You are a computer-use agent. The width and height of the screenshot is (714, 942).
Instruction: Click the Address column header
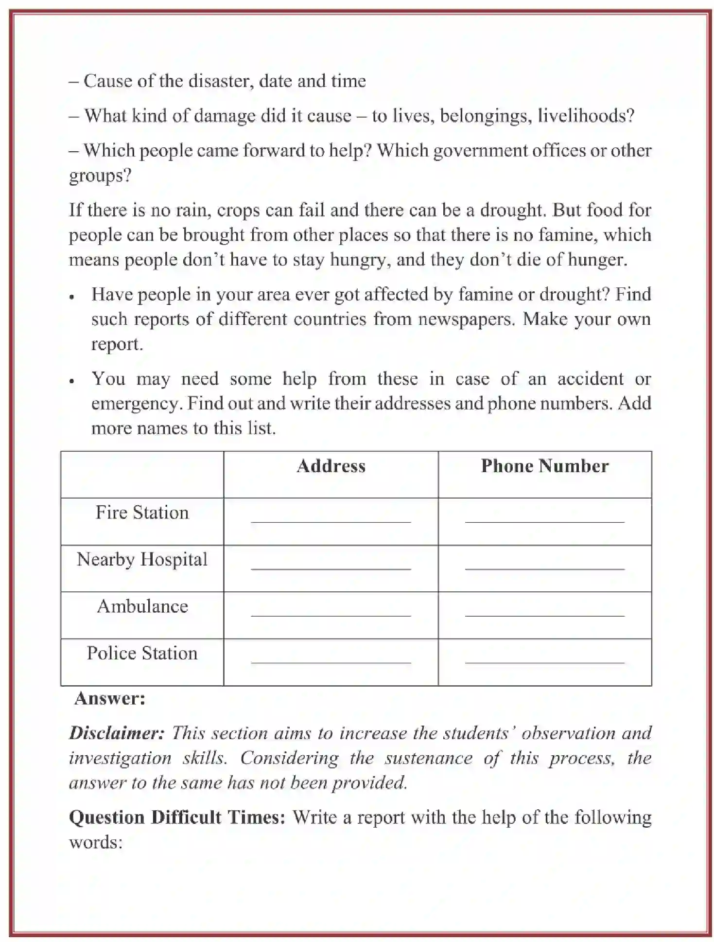point(331,466)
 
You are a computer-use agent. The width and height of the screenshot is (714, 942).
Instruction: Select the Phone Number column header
point(544,466)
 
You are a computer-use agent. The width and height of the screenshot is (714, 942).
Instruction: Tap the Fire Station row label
point(142,513)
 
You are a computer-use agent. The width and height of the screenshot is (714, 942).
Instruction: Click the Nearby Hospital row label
point(142,560)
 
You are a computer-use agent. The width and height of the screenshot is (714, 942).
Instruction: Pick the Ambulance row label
point(142,606)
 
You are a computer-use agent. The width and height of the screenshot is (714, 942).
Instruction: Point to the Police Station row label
point(142,653)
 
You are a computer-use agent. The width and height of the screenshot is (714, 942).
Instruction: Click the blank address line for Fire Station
point(331,520)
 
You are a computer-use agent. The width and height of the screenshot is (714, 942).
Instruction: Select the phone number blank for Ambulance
point(544,614)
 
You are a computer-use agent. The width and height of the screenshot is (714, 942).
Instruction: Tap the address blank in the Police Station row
point(331,661)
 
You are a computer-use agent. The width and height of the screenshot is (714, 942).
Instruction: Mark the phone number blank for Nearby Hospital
point(544,568)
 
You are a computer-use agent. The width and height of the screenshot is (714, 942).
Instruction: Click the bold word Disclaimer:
point(117,733)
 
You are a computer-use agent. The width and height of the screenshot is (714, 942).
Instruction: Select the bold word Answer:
point(110,698)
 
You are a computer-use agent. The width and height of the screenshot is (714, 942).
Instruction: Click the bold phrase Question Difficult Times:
point(177,817)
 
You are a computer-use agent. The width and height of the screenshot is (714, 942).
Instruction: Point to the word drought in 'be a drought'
point(511,210)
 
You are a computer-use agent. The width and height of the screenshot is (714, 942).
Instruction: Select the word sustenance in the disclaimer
point(428,758)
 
